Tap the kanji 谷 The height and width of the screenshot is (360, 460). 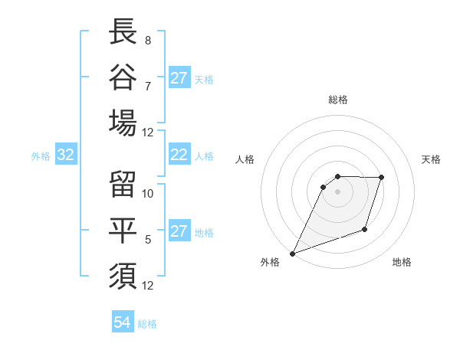pyautogui.click(x=123, y=77)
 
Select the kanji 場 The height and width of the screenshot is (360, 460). pyautogui.click(x=123, y=123)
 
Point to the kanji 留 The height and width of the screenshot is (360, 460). pyautogui.click(x=123, y=184)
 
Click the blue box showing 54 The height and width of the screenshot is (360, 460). pyautogui.click(x=123, y=322)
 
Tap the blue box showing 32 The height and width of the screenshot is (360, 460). pyautogui.click(x=66, y=155)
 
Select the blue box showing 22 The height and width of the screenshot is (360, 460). pyautogui.click(x=179, y=155)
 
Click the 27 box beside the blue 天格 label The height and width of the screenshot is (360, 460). pyautogui.click(x=179, y=78)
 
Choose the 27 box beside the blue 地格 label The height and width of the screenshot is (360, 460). pyautogui.click(x=179, y=231)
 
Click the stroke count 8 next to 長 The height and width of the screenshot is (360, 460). pyautogui.click(x=148, y=40)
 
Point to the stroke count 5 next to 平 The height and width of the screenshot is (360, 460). pyautogui.click(x=148, y=240)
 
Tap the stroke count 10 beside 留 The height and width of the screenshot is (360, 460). pyautogui.click(x=148, y=193)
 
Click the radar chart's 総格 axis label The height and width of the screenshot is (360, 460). pyautogui.click(x=338, y=100)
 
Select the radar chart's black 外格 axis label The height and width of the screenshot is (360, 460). pyautogui.click(x=270, y=262)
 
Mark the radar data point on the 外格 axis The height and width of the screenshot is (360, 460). pyautogui.click(x=292, y=253)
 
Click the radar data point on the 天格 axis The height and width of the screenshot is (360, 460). pyautogui.click(x=382, y=178)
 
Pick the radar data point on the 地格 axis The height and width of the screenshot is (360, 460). pyautogui.click(x=366, y=230)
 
